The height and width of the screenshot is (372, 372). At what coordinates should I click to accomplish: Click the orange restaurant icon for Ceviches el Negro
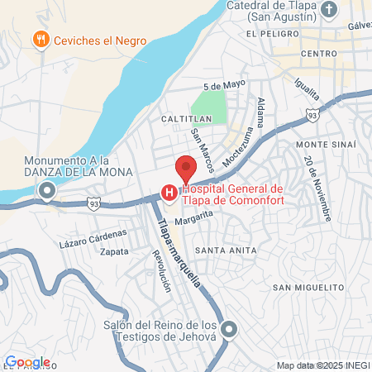tap(40, 40)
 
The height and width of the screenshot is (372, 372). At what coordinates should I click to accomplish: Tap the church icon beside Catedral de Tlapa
tap(330, 11)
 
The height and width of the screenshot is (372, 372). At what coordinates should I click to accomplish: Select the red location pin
tap(185, 168)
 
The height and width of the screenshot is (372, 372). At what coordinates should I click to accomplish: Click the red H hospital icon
tap(169, 193)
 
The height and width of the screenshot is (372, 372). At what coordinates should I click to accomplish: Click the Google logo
tap(26, 361)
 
